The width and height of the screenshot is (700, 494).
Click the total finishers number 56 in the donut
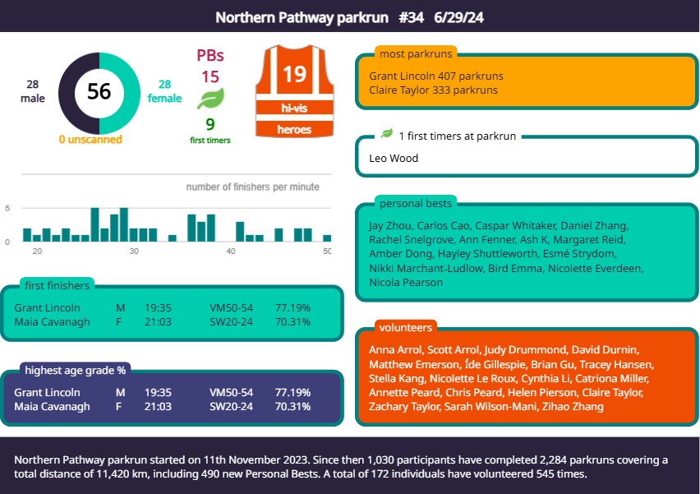pyautogui.click(x=99, y=91)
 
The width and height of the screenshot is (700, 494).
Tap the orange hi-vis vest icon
pyautogui.click(x=294, y=92)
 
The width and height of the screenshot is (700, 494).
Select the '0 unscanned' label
pyautogui.click(x=90, y=140)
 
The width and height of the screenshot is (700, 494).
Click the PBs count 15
pyautogui.click(x=210, y=77)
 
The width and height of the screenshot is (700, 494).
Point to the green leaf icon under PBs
pyautogui.click(x=210, y=100)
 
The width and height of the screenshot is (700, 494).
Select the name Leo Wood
pyautogui.click(x=394, y=158)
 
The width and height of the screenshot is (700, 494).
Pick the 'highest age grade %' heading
pyautogui.click(x=76, y=370)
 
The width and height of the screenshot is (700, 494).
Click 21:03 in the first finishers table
pyautogui.click(x=158, y=321)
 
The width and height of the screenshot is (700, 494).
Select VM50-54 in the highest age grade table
pyautogui.click(x=231, y=392)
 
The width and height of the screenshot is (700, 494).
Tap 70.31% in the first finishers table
pyautogui.click(x=292, y=321)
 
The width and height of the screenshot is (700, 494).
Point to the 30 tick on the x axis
pyautogui.click(x=134, y=250)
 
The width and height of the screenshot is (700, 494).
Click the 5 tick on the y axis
pyautogui.click(x=7, y=209)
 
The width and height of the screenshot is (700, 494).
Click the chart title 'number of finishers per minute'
pyautogui.click(x=252, y=187)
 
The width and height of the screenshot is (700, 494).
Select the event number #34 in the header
pyautogui.click(x=411, y=16)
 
